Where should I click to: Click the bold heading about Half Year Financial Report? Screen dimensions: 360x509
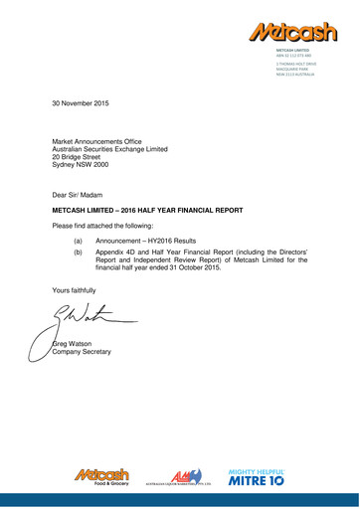click(147, 213)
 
